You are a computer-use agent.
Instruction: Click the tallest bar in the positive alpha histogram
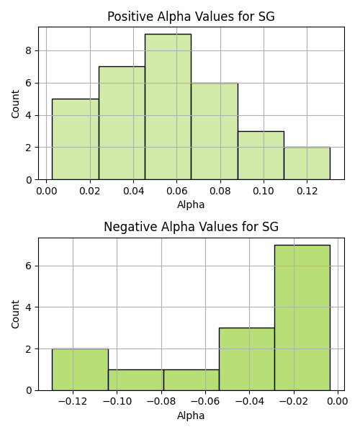(x=168, y=107)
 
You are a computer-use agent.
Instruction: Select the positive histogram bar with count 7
(x=122, y=123)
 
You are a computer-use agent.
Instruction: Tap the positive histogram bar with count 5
(x=76, y=139)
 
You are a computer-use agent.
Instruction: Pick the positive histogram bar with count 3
(x=261, y=156)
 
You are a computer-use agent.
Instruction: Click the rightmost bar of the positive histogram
(x=307, y=163)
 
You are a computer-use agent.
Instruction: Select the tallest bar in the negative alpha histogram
(x=302, y=318)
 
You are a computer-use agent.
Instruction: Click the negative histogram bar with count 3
(x=247, y=359)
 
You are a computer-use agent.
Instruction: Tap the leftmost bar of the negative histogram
(x=80, y=369)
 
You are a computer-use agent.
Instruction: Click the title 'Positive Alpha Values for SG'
(x=191, y=17)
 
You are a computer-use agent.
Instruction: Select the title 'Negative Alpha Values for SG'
(x=191, y=227)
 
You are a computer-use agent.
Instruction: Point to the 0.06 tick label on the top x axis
(x=177, y=191)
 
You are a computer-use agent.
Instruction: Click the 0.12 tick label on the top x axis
(x=307, y=191)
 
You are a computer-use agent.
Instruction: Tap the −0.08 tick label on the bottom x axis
(x=161, y=401)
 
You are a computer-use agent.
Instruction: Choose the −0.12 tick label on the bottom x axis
(x=73, y=401)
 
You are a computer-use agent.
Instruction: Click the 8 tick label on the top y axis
(x=29, y=50)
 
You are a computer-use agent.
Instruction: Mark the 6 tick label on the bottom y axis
(x=29, y=266)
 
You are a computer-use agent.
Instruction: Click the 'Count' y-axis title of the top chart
(x=15, y=104)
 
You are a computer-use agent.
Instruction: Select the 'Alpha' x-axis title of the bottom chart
(x=191, y=415)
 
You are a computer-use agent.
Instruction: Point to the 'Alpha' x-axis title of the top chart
(x=191, y=204)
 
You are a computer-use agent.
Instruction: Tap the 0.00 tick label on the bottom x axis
(x=338, y=401)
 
